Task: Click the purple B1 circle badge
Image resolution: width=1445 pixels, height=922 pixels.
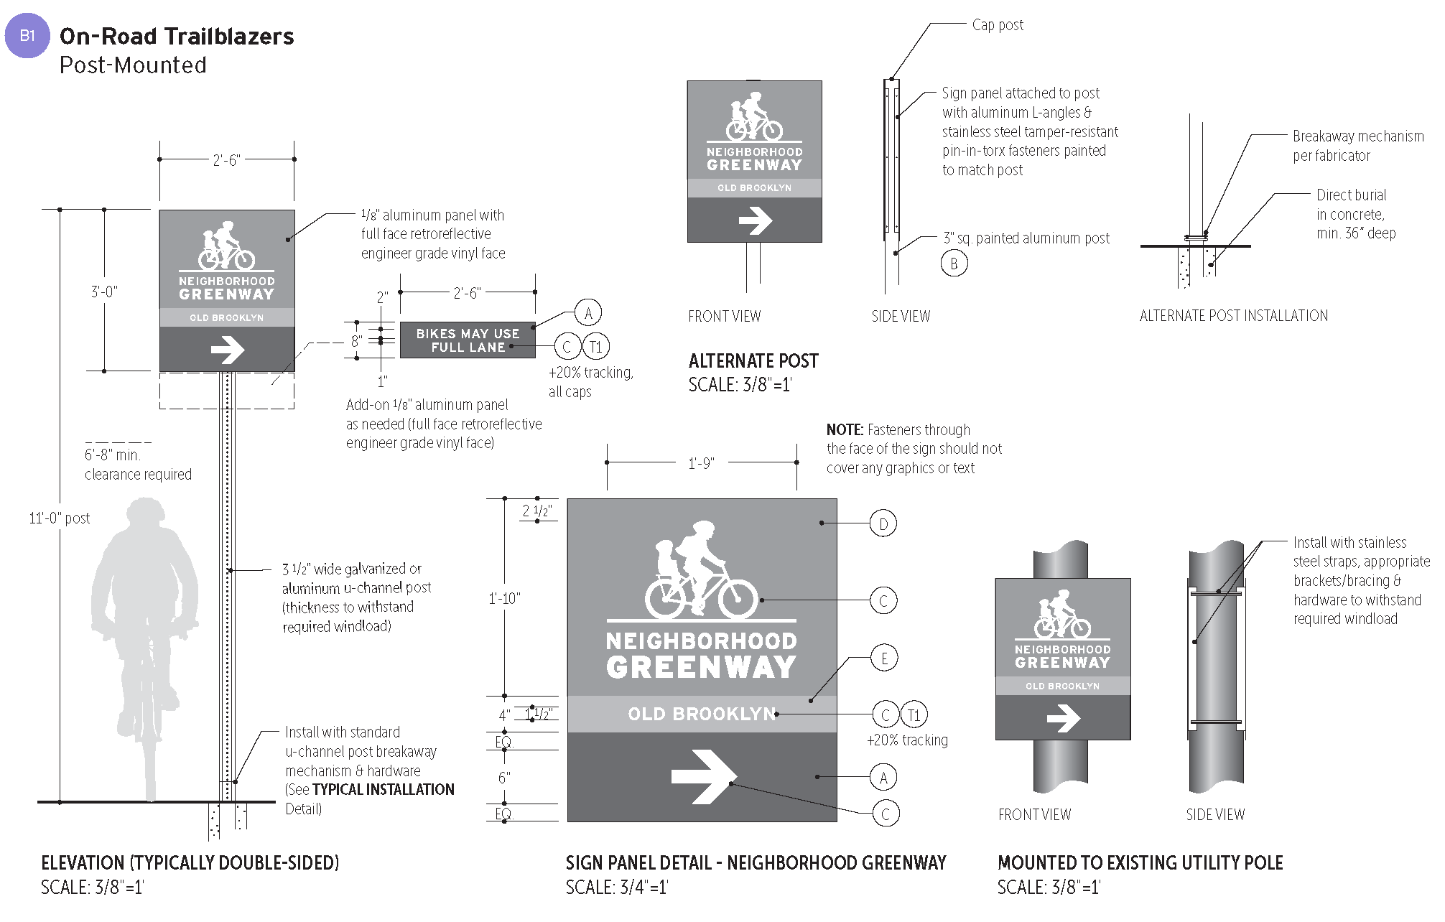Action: (x=27, y=35)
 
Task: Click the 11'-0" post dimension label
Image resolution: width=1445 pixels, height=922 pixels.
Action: (x=60, y=518)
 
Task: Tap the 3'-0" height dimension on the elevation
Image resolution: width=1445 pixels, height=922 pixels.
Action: (x=104, y=292)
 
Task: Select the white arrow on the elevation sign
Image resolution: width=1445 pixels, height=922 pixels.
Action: (x=228, y=350)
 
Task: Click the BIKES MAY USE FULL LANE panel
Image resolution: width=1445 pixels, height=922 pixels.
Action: (x=468, y=340)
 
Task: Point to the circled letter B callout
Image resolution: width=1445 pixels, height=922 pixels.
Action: (x=954, y=264)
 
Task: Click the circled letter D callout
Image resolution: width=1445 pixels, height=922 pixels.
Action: (x=883, y=523)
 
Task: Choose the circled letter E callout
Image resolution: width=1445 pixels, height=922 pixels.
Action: (x=884, y=658)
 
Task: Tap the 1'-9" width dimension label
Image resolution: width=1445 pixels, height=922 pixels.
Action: (x=701, y=463)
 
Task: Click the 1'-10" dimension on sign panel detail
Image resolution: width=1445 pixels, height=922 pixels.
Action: (x=504, y=598)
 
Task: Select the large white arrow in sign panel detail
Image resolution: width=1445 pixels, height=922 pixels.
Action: (x=703, y=776)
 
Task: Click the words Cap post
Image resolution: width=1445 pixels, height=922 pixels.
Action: (x=998, y=25)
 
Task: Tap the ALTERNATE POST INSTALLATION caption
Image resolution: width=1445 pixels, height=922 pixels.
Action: (x=1233, y=315)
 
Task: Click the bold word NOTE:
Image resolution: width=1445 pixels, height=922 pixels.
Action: (x=845, y=430)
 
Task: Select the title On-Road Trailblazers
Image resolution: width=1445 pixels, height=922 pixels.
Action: (x=177, y=37)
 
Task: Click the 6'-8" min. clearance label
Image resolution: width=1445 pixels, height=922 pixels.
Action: (x=113, y=455)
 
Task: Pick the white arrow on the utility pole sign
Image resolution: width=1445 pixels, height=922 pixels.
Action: (x=1063, y=717)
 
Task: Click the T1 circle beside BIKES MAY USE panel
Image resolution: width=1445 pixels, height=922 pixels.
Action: (x=595, y=347)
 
